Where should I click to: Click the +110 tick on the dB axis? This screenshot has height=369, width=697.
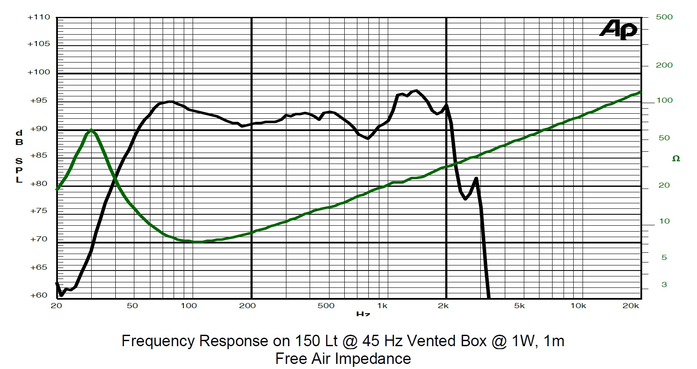(38, 18)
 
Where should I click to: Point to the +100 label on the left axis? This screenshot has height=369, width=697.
(38, 72)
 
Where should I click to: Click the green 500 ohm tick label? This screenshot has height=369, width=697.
(664, 17)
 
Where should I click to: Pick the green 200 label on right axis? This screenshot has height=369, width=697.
(664, 66)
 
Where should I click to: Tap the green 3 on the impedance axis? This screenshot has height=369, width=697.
(664, 285)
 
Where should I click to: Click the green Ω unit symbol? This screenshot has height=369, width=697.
(676, 159)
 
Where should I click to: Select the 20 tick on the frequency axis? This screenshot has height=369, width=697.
(57, 306)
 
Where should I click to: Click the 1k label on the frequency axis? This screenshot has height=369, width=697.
(382, 306)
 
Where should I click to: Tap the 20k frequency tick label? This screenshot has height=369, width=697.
(631, 306)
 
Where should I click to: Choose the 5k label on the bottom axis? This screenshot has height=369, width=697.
(519, 306)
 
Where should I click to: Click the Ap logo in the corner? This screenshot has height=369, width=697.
(618, 30)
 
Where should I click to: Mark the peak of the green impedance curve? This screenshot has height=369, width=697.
(91, 130)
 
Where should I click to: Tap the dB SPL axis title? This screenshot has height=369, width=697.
(19, 157)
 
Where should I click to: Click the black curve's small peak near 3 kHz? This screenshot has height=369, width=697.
(476, 178)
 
